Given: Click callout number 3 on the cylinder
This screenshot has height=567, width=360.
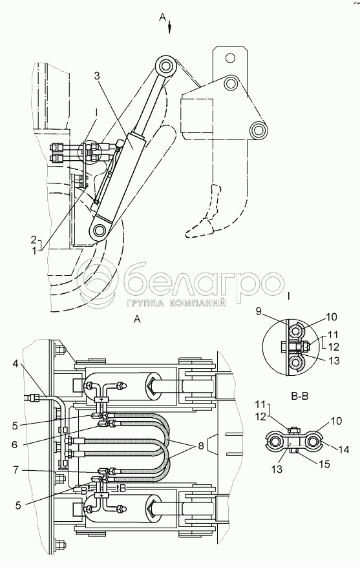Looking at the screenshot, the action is [96, 76].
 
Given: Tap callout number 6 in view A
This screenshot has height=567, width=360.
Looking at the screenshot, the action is [14, 444].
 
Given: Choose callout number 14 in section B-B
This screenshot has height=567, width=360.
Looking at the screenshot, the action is [344, 450].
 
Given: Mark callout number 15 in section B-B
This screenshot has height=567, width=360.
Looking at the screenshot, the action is [325, 464].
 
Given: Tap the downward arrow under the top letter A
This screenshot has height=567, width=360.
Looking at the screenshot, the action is [169, 28].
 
